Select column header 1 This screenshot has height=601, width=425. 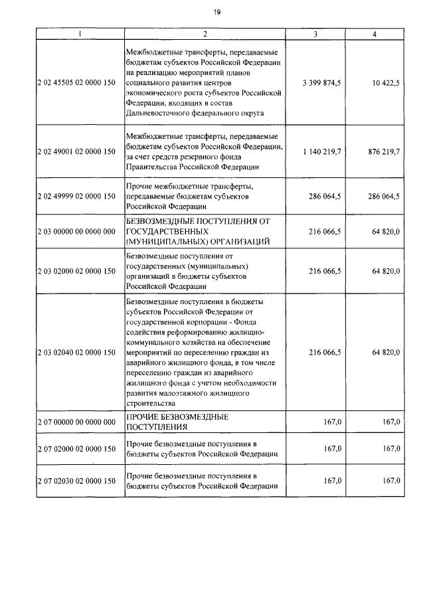point(80,33)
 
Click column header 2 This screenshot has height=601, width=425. point(205,33)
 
